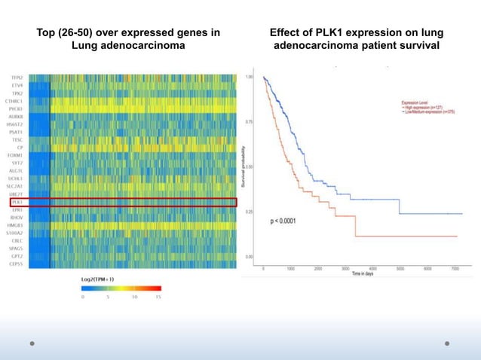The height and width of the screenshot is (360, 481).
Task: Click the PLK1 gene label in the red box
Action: coord(17,202)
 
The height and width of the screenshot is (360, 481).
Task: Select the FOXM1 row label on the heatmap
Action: coord(15,155)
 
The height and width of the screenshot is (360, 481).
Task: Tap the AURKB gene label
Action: coord(15,116)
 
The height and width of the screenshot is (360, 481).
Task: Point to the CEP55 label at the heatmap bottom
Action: coord(16,264)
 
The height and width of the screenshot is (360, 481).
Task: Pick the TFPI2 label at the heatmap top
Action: coord(16,78)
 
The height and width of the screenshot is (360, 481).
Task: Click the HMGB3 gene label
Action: coord(15,224)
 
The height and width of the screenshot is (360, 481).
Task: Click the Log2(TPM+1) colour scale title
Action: coord(98,279)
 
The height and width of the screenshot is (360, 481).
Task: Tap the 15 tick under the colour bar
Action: coord(158,297)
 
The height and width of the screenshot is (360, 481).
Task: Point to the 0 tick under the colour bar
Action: coord(82,297)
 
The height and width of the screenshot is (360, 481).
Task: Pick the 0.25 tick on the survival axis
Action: coord(249,212)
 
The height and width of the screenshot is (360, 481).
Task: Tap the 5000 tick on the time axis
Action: coord(400,268)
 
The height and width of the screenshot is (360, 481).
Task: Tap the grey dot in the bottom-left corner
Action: coord(32,343)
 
